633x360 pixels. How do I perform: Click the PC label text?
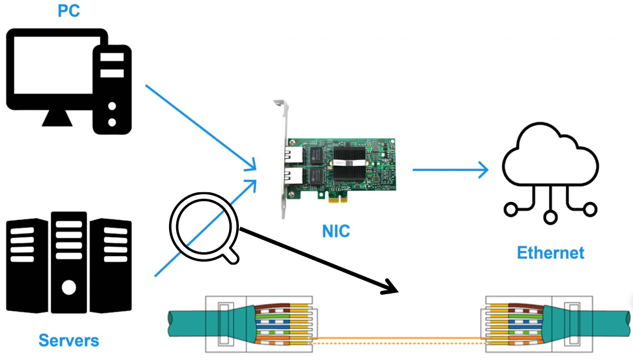(68, 10)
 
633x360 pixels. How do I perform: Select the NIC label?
(336, 231)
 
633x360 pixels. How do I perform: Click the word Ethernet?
(550, 253)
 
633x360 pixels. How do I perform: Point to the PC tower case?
(112, 90)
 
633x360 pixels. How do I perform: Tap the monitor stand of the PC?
(57, 117)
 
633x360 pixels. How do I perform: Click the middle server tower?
(68, 263)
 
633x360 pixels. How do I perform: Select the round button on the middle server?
(68, 288)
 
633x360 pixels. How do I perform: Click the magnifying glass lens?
(204, 227)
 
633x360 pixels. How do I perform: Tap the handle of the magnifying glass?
(231, 256)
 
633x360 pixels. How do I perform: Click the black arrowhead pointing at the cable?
(391, 287)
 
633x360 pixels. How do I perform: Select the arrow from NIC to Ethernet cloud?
(450, 170)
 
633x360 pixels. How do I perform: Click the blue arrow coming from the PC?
(201, 128)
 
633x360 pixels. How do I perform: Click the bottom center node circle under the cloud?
(550, 217)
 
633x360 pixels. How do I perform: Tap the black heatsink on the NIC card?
(349, 163)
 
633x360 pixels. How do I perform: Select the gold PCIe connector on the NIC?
(338, 199)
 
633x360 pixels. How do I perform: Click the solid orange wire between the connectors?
(399, 338)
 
